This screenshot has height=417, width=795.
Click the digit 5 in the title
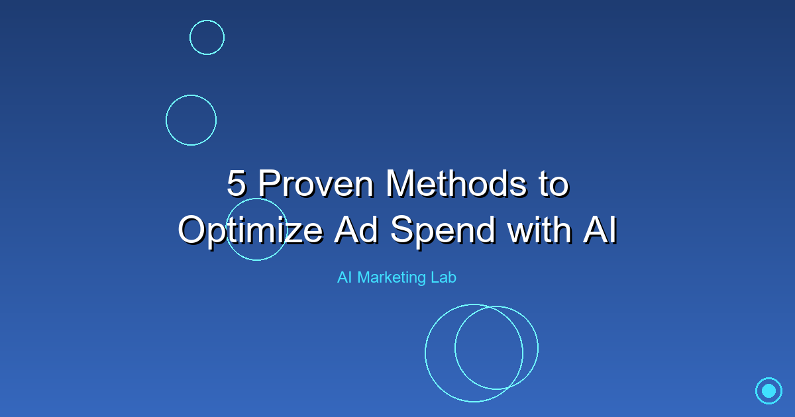(237, 183)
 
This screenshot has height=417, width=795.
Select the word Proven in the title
(315, 183)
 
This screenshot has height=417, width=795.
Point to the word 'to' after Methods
(554, 184)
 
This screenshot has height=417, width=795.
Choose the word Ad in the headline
(356, 230)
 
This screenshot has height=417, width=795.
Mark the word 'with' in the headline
(539, 230)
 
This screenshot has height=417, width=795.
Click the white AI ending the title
(600, 230)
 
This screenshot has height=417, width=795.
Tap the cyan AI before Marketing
(344, 277)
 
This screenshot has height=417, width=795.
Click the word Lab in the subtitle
(444, 277)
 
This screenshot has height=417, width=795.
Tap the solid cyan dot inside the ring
(768, 391)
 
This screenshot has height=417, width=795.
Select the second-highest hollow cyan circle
(166, 120)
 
